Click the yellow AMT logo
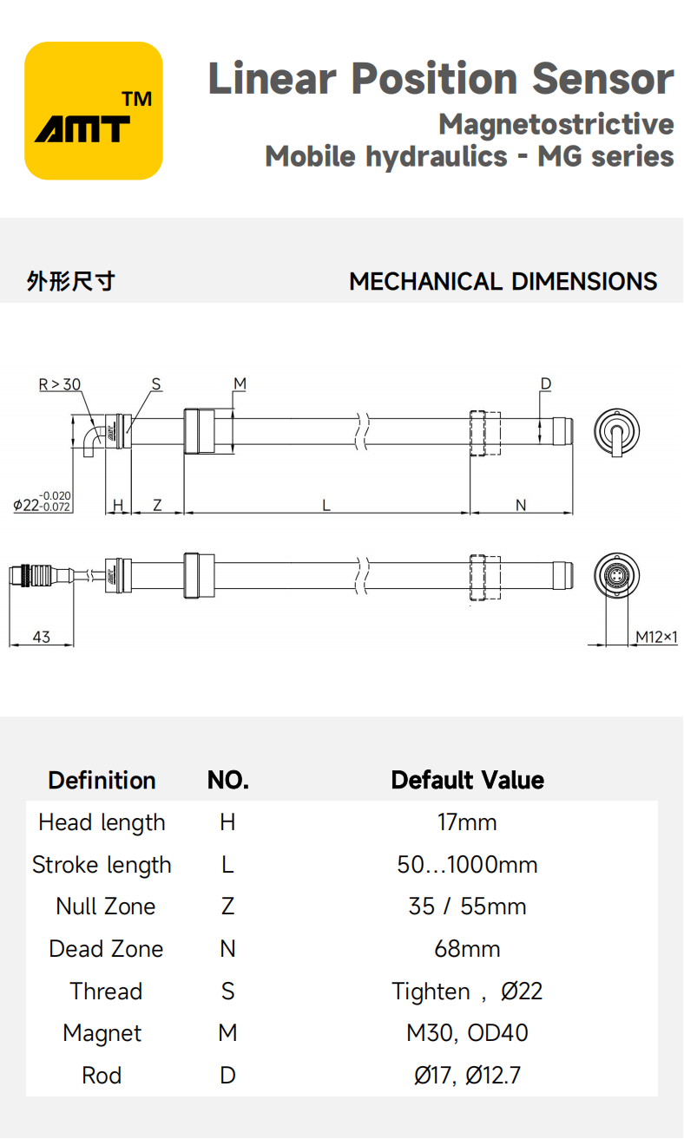coord(94,111)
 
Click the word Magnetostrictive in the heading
coord(556,124)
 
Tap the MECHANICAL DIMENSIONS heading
coord(503,282)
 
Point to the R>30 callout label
coord(60,384)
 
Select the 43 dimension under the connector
coord(41,637)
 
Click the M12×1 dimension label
coord(655,637)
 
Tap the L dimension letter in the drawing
coord(326,505)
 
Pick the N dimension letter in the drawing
coord(521,505)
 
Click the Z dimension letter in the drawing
coord(157,505)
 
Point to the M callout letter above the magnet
coord(240,383)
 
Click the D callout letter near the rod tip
coord(546,383)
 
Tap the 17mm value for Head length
coord(467,822)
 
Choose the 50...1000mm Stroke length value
coord(467,865)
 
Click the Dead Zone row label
coord(106,949)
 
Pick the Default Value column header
coord(467,780)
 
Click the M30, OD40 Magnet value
coord(467,1033)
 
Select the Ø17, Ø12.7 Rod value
coord(467,1076)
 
